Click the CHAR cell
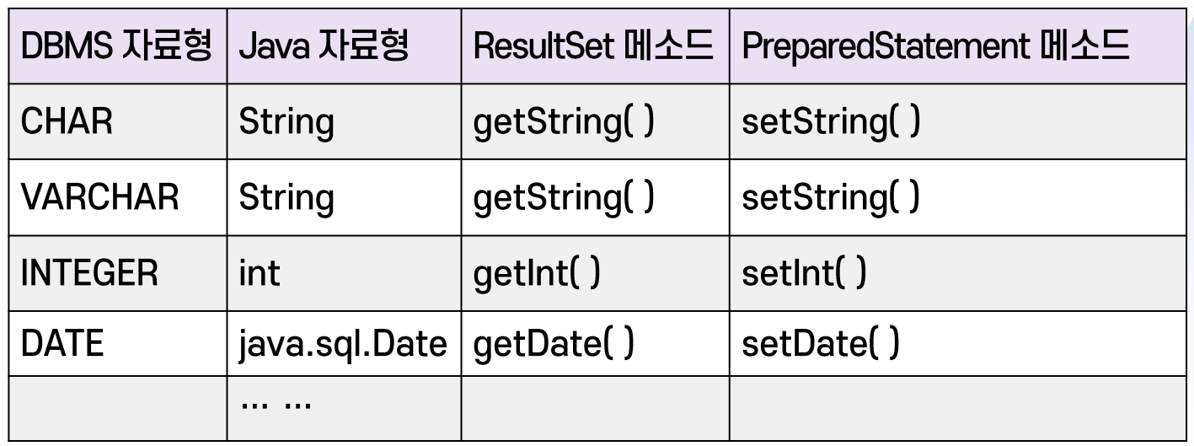coord(67,122)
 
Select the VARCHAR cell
coord(99,197)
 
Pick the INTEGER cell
coord(89,272)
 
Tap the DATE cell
coord(62,344)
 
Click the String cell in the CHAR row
coord(286,122)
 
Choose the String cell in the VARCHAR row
coord(286,197)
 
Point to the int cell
coord(260,273)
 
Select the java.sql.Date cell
coord(343,344)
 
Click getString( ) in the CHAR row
coord(564,122)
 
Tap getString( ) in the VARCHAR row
coord(564,197)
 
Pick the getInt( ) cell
coord(537,273)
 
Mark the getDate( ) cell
coord(553,344)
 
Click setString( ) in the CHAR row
coord(831,122)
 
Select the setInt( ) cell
coord(804,273)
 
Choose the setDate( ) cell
coord(820,344)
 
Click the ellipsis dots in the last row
coord(276,406)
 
